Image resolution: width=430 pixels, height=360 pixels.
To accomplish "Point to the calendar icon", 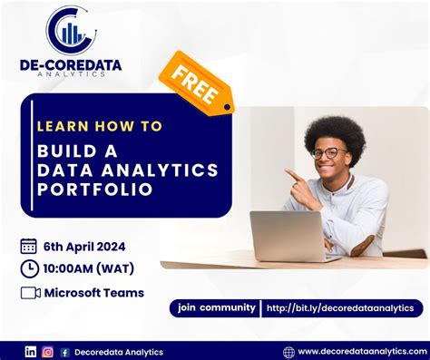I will coord(28,246).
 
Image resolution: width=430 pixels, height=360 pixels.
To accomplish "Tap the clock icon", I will coord(29,268).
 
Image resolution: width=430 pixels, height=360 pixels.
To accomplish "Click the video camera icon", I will coord(30,293).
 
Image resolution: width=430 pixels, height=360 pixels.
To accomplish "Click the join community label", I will coord(217,307).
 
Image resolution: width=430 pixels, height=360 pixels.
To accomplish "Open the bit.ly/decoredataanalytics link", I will coord(340,308).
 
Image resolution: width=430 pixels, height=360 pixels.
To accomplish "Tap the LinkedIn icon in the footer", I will coord(31,352).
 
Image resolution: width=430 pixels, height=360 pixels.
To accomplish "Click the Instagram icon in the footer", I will coord(47,352).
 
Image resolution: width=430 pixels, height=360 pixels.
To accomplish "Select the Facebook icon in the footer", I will coord(64,352).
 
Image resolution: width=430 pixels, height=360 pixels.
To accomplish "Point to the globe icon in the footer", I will coord(288,352).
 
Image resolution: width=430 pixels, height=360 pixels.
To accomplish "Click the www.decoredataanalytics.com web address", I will coord(357,352).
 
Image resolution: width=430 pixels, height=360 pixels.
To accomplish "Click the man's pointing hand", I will coord(296,175).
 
